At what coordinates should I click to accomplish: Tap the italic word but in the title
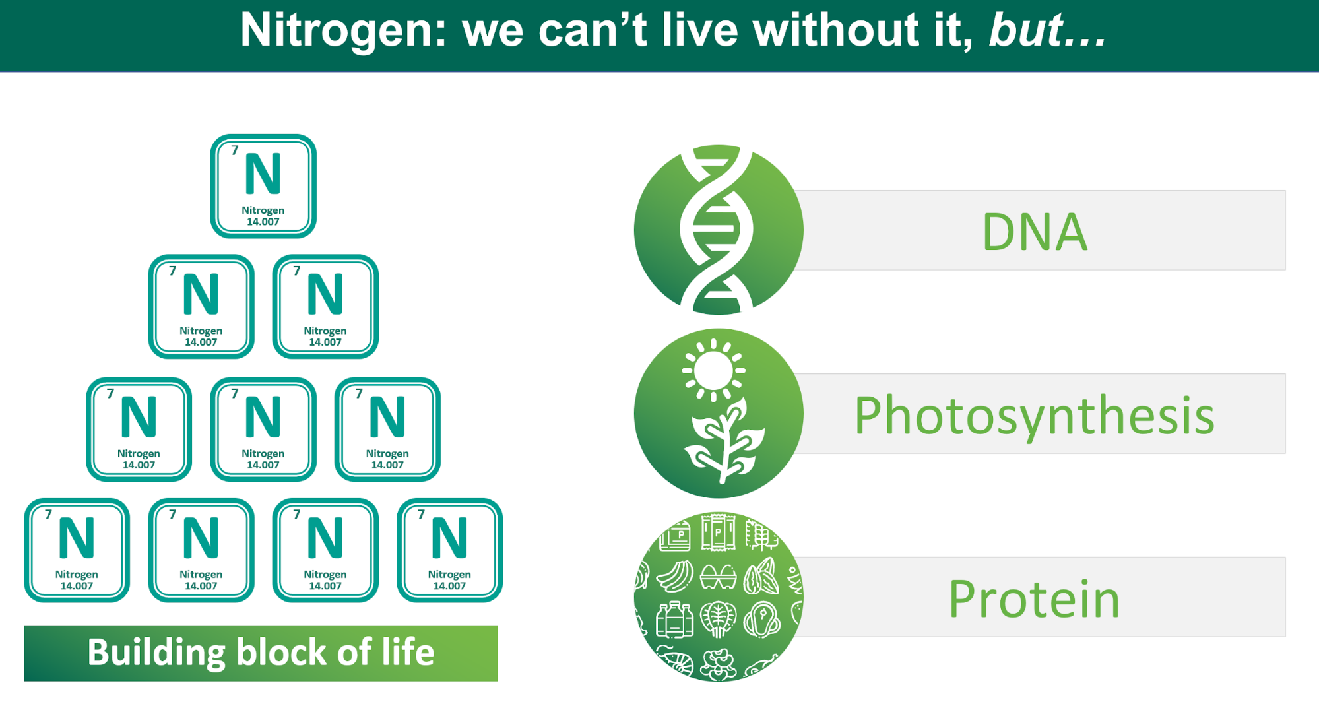pyautogui.click(x=1026, y=30)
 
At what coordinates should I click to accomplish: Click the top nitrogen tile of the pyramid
pyautogui.click(x=263, y=186)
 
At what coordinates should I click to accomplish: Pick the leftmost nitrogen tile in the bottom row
pyautogui.click(x=77, y=550)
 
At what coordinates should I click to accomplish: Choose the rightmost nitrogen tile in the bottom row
pyautogui.click(x=449, y=550)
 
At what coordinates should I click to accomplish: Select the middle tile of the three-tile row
pyautogui.click(x=263, y=430)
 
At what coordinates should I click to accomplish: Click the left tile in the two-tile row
pyautogui.click(x=201, y=307)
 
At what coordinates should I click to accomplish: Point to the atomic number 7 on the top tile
pyautogui.click(x=234, y=150)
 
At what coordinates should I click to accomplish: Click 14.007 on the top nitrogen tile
pyautogui.click(x=263, y=222)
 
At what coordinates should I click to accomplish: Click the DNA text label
pyautogui.click(x=1035, y=232)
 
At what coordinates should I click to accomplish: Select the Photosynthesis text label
pyautogui.click(x=1035, y=416)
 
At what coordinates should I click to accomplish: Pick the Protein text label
pyautogui.click(x=1035, y=599)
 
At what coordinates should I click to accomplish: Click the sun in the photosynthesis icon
pyautogui.click(x=713, y=370)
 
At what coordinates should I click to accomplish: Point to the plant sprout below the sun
pyautogui.click(x=724, y=441)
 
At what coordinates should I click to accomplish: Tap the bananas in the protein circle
pyautogui.click(x=674, y=576)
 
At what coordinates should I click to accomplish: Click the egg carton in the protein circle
pyautogui.click(x=718, y=576)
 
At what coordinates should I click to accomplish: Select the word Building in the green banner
pyautogui.click(x=156, y=653)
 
